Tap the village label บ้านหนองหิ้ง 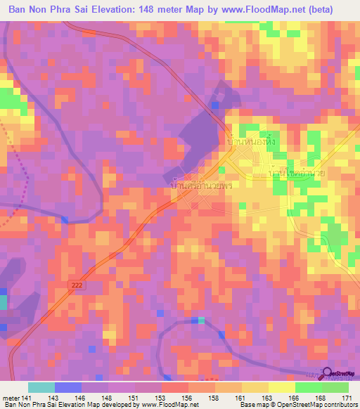pyautogui.click(x=252, y=138)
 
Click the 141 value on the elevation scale pyautogui.click(x=26, y=397)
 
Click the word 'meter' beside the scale pyautogui.click(x=9, y=397)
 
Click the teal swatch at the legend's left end pyautogui.click(x=41, y=387)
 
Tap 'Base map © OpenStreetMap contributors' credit pyautogui.click(x=298, y=405)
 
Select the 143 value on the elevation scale pyautogui.click(x=53, y=397)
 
